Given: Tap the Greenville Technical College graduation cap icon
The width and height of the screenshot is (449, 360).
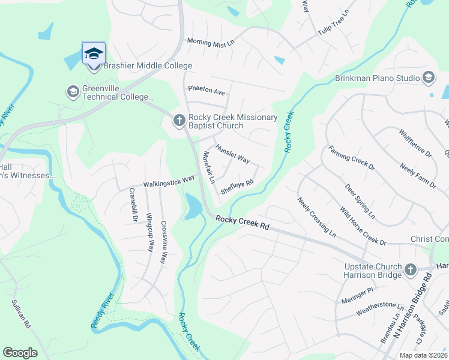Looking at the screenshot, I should click(73, 92).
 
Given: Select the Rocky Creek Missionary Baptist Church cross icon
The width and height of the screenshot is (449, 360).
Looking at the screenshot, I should click(178, 121).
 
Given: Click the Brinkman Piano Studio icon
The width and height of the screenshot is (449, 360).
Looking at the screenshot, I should click(429, 77).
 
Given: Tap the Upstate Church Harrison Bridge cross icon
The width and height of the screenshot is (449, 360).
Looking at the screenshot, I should click(410, 270).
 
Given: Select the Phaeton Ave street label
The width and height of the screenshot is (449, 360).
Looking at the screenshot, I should click(206, 91).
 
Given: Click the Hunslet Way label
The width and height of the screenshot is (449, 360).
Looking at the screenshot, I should click(232, 154).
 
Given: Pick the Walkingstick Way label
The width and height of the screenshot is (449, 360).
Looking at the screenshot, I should click(169, 181).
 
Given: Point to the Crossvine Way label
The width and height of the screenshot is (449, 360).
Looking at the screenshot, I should click(163, 243).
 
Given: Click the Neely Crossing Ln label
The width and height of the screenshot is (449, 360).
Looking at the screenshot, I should click(316, 215).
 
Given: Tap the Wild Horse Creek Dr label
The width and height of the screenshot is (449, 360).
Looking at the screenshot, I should click(363, 226).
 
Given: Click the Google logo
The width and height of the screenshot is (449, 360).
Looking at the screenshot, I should click(20, 353).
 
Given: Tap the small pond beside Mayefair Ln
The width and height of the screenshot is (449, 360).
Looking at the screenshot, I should click(194, 207).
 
